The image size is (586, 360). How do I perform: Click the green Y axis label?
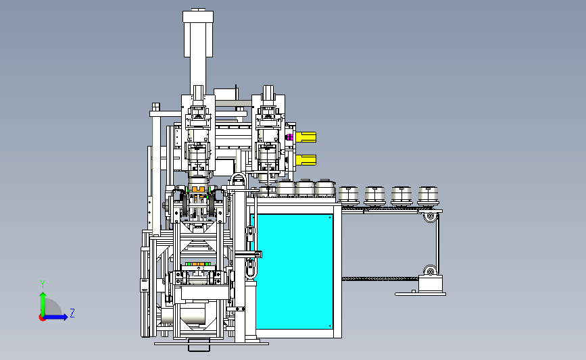click(42, 284)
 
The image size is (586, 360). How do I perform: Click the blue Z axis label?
click(72, 313)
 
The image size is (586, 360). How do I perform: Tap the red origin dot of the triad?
click(42, 318)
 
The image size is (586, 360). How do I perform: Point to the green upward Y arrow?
click(43, 304)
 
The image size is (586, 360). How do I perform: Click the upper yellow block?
click(306, 137)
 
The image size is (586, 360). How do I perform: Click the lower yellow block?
click(306, 160)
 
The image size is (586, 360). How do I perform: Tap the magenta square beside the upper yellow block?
click(289, 137)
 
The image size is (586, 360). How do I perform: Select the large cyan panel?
click(295, 272)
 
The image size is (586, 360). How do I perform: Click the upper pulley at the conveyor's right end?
click(431, 216)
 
